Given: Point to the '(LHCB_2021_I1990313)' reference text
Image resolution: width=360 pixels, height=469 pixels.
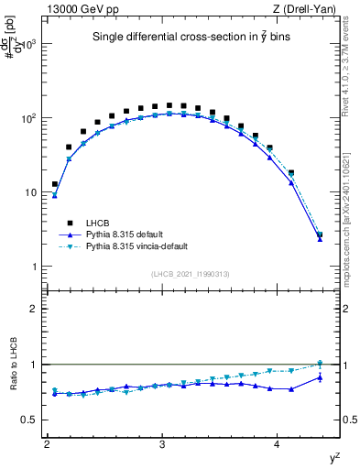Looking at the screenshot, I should pyautogui.click(x=191, y=274).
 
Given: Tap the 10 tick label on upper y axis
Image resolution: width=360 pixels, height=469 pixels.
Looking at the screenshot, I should pyautogui.click(x=32, y=192).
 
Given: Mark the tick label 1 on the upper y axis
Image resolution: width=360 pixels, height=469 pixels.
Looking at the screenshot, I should pyautogui.click(x=35, y=267).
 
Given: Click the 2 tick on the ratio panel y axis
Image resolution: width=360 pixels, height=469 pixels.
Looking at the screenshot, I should pyautogui.click(x=35, y=309).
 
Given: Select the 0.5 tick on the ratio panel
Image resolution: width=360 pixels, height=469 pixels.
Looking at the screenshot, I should pyautogui.click(x=30, y=420).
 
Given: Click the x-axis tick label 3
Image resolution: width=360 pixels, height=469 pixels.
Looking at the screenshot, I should pyautogui.click(x=162, y=443).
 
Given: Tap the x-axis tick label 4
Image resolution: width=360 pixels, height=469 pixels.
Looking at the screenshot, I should pyautogui.click(x=278, y=443).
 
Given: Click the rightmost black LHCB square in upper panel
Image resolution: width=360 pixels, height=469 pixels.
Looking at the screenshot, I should pyautogui.click(x=320, y=235).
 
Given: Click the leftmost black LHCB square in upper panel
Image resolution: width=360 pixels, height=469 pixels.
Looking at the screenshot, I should pyautogui.click(x=55, y=184).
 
